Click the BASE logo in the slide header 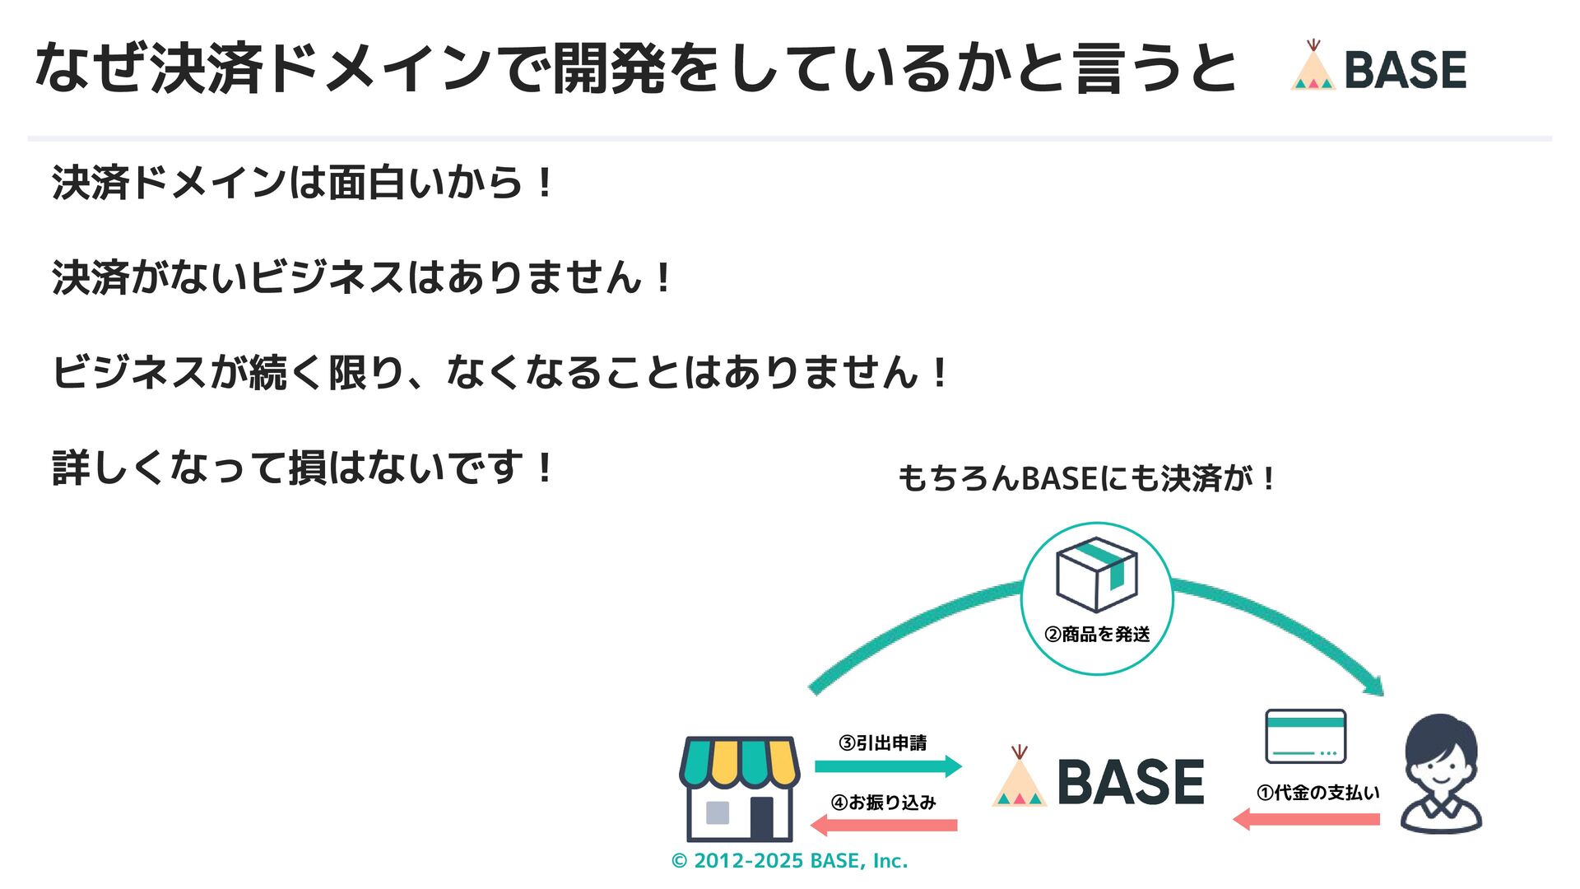pos(1379,67)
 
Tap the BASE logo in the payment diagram pos(1099,780)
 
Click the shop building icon pos(739,788)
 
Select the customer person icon pos(1441,774)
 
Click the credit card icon pos(1305,736)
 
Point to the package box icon pos(1096,575)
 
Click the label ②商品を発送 pos(1097,635)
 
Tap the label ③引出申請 pos(883,743)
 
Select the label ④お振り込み pos(884,803)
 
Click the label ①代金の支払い pos(1317,793)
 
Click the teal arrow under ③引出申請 pos(888,766)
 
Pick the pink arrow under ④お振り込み pos(884,825)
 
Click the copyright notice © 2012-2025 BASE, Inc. pos(789,861)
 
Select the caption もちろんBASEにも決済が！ pos(1086,478)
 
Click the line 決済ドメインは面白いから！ pos(303,183)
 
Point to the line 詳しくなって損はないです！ pos(303,468)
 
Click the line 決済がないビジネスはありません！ pos(362,277)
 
